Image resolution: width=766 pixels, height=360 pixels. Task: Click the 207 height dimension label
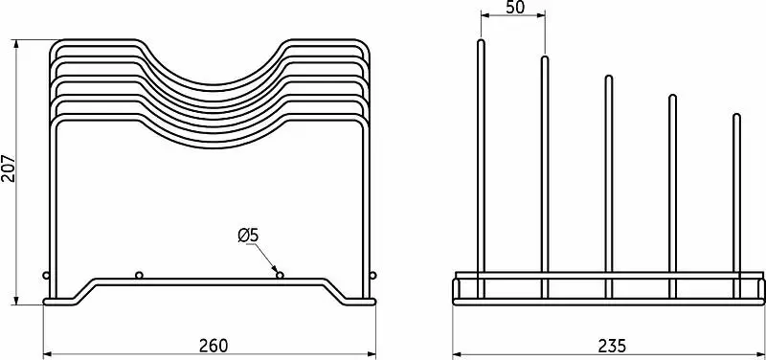pyautogui.click(x=9, y=169)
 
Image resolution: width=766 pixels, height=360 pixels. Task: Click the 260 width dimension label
pyautogui.click(x=213, y=346)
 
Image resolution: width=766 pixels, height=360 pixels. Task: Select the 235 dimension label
pyautogui.click(x=612, y=346)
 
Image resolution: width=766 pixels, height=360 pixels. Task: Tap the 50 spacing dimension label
pyautogui.click(x=515, y=8)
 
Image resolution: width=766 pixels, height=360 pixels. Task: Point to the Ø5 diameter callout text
pyautogui.click(x=248, y=236)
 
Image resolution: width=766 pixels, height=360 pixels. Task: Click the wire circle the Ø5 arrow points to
pyautogui.click(x=280, y=276)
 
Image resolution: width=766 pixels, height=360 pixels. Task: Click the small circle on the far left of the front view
pyautogui.click(x=46, y=276)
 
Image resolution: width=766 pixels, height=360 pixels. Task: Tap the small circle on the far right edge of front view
pyautogui.click(x=373, y=276)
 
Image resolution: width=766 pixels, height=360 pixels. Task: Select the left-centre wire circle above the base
pyautogui.click(x=139, y=276)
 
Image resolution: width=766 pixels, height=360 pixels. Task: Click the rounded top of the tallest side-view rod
pyautogui.click(x=481, y=41)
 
